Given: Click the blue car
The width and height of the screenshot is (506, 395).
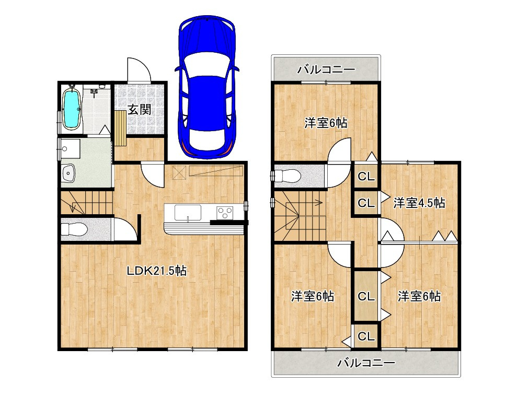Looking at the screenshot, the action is (x=207, y=87).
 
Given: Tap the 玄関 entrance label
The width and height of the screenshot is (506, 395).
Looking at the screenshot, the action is (x=140, y=110).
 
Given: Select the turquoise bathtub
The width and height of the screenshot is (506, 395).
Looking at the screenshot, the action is (x=71, y=109).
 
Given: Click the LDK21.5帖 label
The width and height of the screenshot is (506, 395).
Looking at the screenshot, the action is (x=157, y=270).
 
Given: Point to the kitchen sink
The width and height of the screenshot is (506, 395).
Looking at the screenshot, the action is (x=188, y=213).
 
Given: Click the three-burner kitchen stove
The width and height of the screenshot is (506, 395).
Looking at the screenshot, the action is (x=225, y=213).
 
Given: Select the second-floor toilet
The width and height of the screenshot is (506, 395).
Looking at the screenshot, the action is (x=287, y=176).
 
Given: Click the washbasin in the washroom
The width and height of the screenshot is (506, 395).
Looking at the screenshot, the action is (x=68, y=172).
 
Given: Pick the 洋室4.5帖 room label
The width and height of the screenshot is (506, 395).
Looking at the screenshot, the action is (x=419, y=203).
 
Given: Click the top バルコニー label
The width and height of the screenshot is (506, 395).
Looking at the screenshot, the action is (x=326, y=69).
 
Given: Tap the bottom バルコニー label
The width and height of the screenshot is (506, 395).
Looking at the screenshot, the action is (x=366, y=363).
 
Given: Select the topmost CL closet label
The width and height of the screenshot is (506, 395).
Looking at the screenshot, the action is (x=366, y=177).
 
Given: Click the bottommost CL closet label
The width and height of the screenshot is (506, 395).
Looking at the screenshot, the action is (x=366, y=336).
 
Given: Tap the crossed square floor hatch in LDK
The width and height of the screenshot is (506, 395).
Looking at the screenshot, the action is (x=179, y=172).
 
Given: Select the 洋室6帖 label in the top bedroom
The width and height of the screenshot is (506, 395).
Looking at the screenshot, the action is (x=326, y=123).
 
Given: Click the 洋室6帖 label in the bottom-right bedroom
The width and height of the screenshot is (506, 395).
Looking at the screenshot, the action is (x=419, y=296).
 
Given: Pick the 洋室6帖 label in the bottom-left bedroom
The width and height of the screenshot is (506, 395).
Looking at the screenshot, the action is (x=313, y=296).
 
